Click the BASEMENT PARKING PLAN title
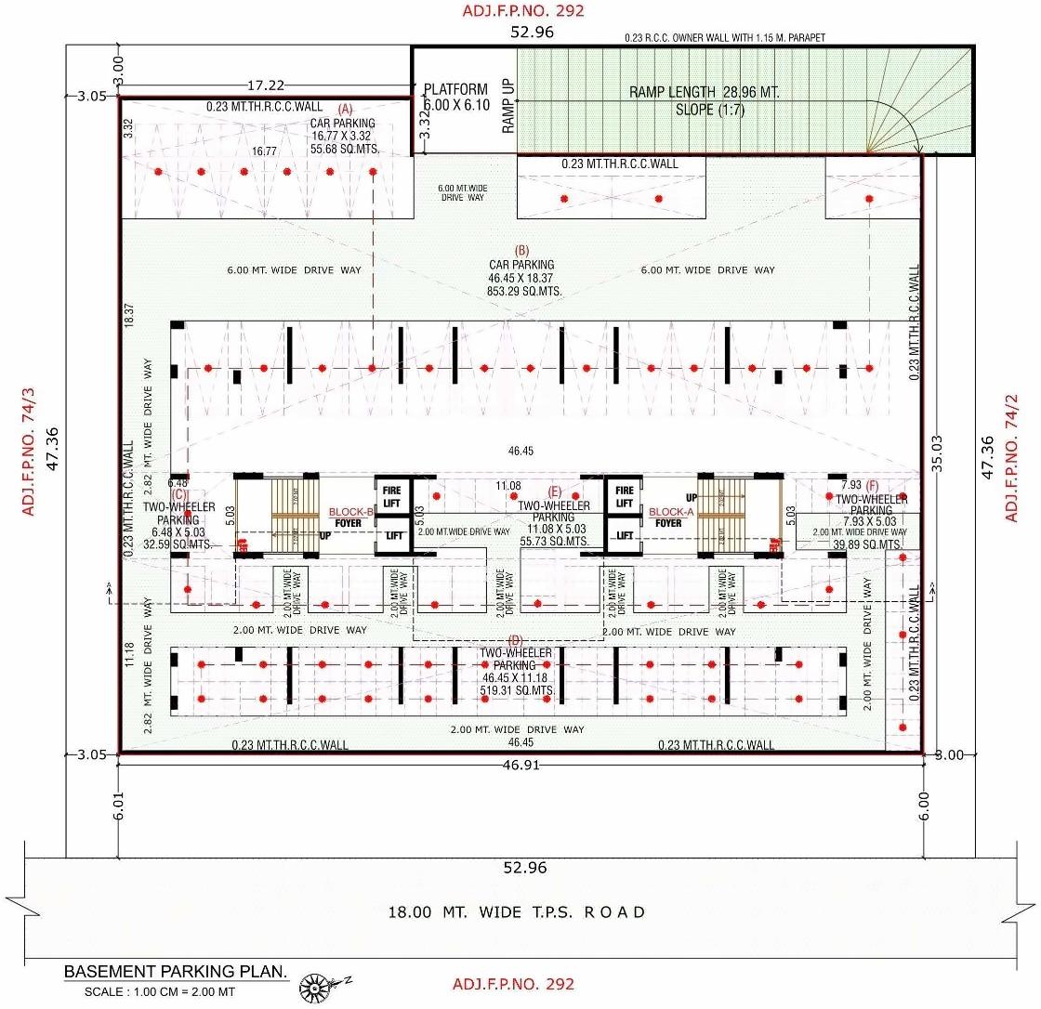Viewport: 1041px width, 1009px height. click(x=176, y=972)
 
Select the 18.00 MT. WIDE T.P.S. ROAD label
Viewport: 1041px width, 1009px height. click(x=517, y=912)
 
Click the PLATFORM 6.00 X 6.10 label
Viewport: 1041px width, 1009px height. click(x=455, y=98)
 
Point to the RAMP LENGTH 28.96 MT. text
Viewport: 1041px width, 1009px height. click(x=705, y=92)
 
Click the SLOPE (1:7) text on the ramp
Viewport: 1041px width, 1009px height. click(x=710, y=110)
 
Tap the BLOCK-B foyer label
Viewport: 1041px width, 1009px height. click(x=351, y=512)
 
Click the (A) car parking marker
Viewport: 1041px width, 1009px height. click(x=345, y=110)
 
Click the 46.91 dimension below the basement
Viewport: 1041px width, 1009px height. click(x=520, y=766)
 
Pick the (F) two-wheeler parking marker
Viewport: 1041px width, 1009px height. click(x=872, y=486)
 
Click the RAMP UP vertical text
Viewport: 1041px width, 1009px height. click(x=508, y=107)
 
